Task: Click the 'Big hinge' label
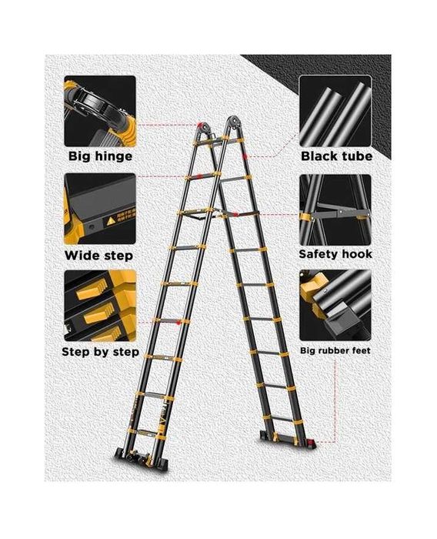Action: (x=100, y=156)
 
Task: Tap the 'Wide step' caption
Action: (x=98, y=256)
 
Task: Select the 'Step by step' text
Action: (x=100, y=352)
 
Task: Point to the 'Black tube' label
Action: (x=337, y=156)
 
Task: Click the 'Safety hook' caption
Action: (x=335, y=254)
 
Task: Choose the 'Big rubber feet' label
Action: (x=335, y=350)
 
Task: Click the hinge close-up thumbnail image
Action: (x=100, y=111)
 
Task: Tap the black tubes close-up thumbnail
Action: (x=335, y=111)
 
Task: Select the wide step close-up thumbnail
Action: (x=100, y=209)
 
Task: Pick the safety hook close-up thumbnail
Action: (x=335, y=209)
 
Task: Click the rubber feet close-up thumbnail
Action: (x=335, y=305)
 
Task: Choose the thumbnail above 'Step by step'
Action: (x=100, y=306)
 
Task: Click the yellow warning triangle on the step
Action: (x=111, y=221)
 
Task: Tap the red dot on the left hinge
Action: (x=200, y=125)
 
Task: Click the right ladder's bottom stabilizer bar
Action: (x=288, y=440)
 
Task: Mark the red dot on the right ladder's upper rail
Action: (x=245, y=157)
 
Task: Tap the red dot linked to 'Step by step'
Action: (x=178, y=323)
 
